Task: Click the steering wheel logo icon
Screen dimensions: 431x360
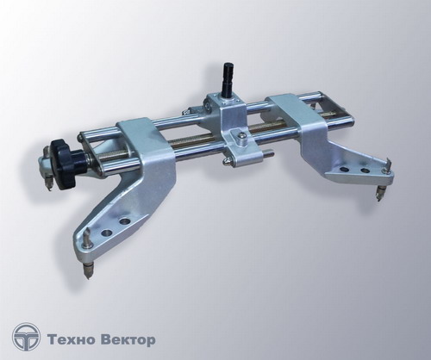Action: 27,338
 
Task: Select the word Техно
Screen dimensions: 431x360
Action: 71,340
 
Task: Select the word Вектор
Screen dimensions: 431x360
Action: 128,340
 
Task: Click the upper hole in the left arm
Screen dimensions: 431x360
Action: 125,221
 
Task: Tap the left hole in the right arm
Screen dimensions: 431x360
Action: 343,170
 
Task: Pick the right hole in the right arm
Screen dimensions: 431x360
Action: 365,171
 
